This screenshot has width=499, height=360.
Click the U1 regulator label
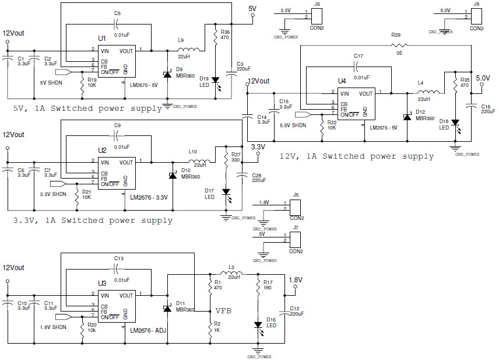point(102,38)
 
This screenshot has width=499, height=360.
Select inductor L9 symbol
point(191,50)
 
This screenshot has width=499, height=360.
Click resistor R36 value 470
point(226,38)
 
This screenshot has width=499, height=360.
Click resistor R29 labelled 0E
point(399,45)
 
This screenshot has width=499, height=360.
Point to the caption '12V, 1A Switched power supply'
point(357,156)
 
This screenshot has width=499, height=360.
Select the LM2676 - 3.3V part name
point(149,197)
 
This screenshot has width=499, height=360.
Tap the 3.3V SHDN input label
point(53,194)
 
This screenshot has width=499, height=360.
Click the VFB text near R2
point(224,311)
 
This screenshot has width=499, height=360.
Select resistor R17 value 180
point(268,288)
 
